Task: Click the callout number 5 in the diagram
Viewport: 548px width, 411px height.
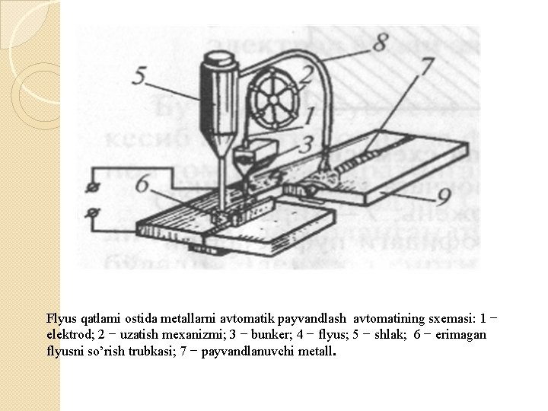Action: (x=139, y=76)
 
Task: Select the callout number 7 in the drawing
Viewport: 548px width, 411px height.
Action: (x=427, y=66)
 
